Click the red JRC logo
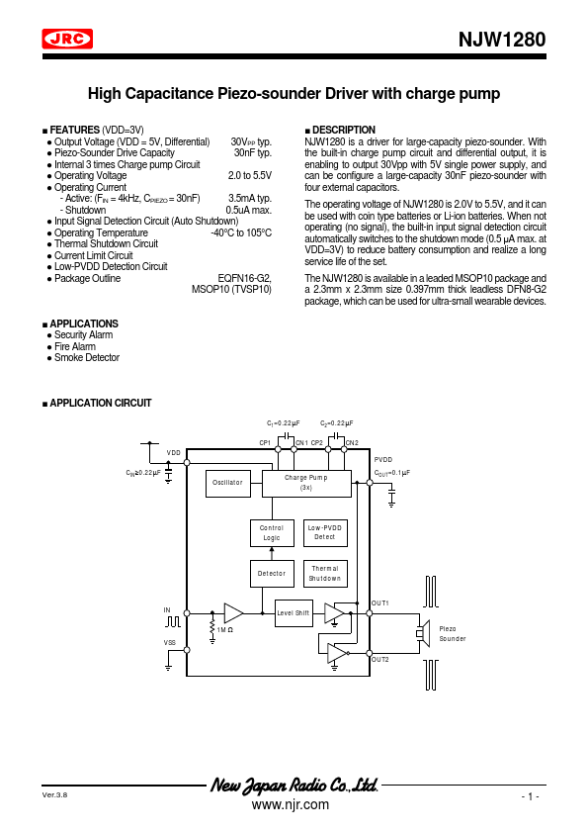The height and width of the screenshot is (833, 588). coord(67,39)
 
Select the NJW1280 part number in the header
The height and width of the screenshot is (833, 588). coord(502,40)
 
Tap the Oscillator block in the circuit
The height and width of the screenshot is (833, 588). coord(227,484)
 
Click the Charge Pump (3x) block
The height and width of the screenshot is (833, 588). coord(306,484)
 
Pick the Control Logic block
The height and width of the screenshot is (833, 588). coord(272,533)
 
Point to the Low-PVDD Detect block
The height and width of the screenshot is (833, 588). coord(325,533)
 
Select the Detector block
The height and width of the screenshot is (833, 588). coord(272,574)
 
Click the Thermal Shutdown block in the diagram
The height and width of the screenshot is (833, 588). coord(325,574)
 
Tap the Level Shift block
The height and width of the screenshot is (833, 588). coord(294,613)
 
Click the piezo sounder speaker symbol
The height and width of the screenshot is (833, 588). coord(422,633)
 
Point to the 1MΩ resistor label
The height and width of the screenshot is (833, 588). coord(225,630)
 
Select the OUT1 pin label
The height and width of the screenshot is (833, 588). coord(380,603)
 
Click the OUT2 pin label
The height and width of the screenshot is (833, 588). coord(380,660)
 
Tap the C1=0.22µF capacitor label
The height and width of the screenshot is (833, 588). coord(284,423)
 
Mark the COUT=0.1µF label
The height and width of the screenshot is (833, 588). coord(392,473)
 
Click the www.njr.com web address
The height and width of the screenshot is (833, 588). coord(291,805)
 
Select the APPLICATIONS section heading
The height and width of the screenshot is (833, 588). coord(84,324)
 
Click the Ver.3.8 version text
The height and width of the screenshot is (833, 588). coord(54,795)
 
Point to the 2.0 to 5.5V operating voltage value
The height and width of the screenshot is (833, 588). coord(250,175)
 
